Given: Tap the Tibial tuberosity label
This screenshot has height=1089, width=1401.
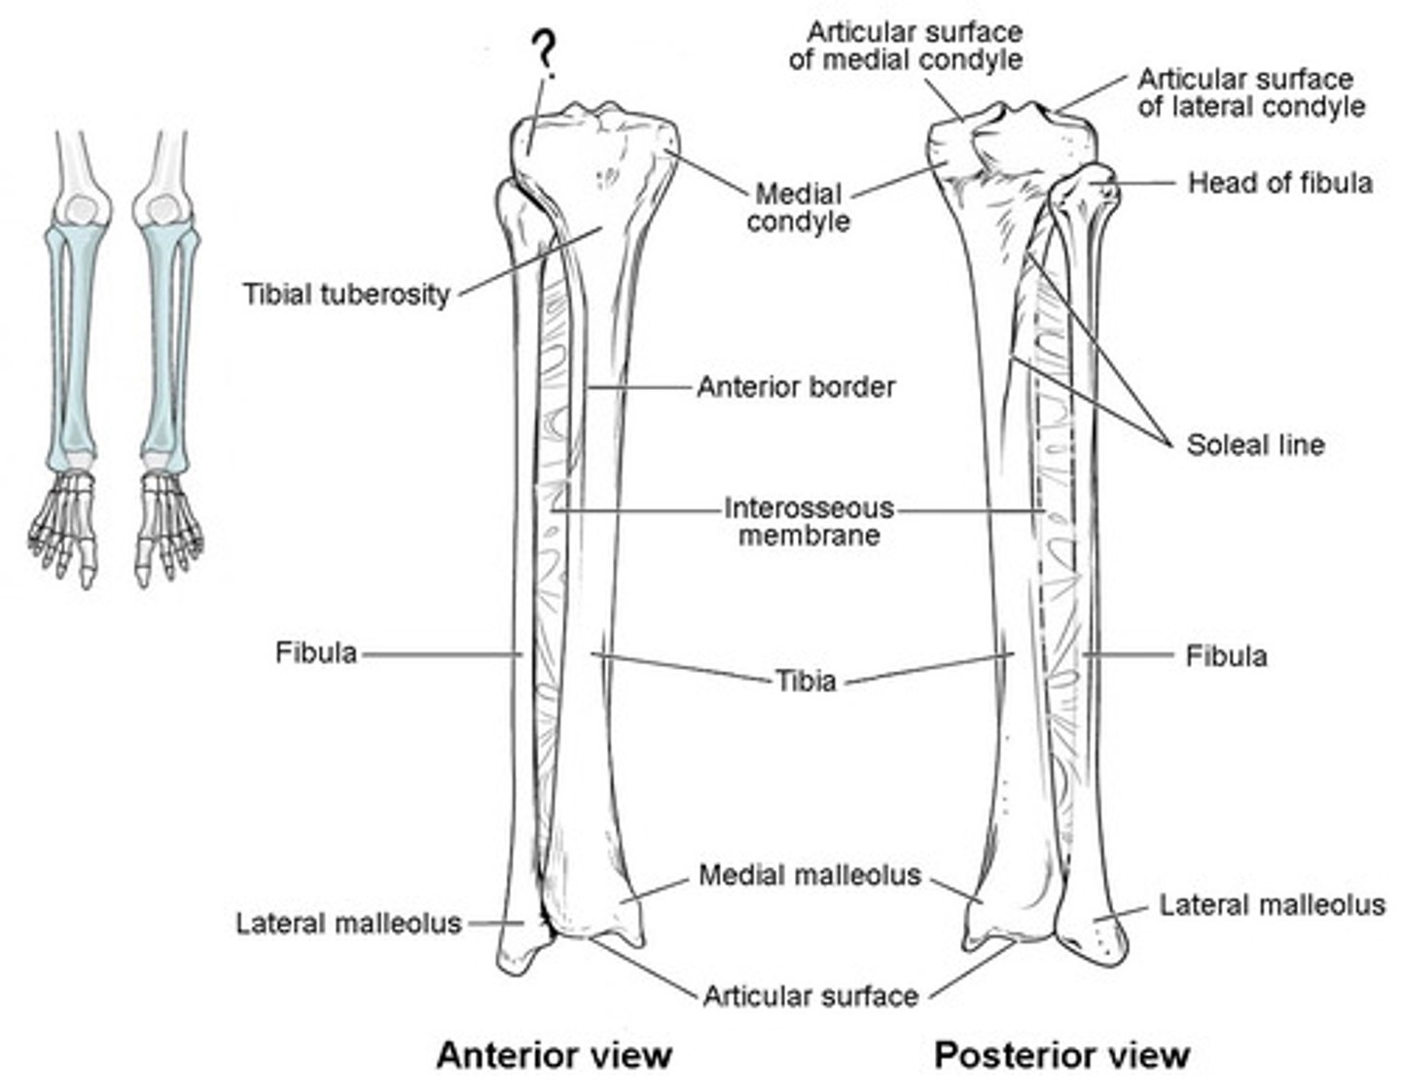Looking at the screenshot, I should (345, 294).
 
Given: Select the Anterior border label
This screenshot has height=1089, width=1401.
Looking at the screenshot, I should (796, 387).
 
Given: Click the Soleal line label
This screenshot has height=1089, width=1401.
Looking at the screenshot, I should (1255, 445).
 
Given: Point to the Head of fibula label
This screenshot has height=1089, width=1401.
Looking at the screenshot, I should (1279, 183).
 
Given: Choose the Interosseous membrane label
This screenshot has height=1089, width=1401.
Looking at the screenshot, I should (808, 521).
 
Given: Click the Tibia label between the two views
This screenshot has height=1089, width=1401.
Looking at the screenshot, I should (806, 680).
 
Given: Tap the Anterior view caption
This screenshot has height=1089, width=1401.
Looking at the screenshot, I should (554, 1055).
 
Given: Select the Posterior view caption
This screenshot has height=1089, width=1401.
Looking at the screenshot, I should (1062, 1055).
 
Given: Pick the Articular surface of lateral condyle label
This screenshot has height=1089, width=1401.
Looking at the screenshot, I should (1251, 92).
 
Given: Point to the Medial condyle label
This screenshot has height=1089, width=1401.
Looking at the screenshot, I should (798, 207).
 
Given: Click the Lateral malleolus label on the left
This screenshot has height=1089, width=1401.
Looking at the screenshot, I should (348, 923).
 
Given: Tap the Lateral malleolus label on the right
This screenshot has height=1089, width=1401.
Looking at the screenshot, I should (1272, 905).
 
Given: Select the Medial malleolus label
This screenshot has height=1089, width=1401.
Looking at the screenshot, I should (809, 875).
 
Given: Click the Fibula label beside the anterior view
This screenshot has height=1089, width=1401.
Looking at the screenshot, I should (316, 652).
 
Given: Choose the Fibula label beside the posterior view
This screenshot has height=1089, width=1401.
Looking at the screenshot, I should (1226, 656).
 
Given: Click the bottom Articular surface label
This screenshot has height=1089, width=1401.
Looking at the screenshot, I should (810, 996).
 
